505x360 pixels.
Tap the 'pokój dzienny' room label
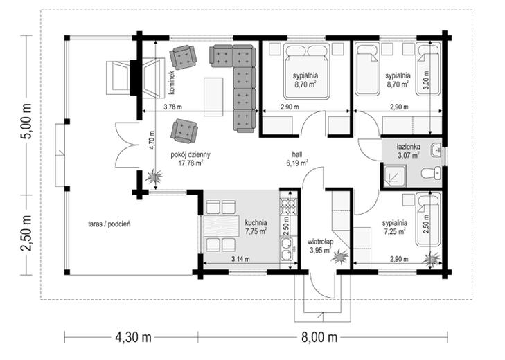pos(191,155)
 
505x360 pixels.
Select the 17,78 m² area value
pos(191,163)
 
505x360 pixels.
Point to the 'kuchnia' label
pos(256,223)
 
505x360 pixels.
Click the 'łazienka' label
pos(408,147)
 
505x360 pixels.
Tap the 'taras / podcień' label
pos(109,224)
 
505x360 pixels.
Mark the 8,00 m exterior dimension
pos(319,338)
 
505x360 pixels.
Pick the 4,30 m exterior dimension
pos(133,338)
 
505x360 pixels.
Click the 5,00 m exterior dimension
pos(26,120)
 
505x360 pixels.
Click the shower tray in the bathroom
pos(395,175)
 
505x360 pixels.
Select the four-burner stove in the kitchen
pos(287,206)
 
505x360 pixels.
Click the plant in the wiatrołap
pos(340,257)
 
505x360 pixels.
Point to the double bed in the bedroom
pos(307,71)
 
